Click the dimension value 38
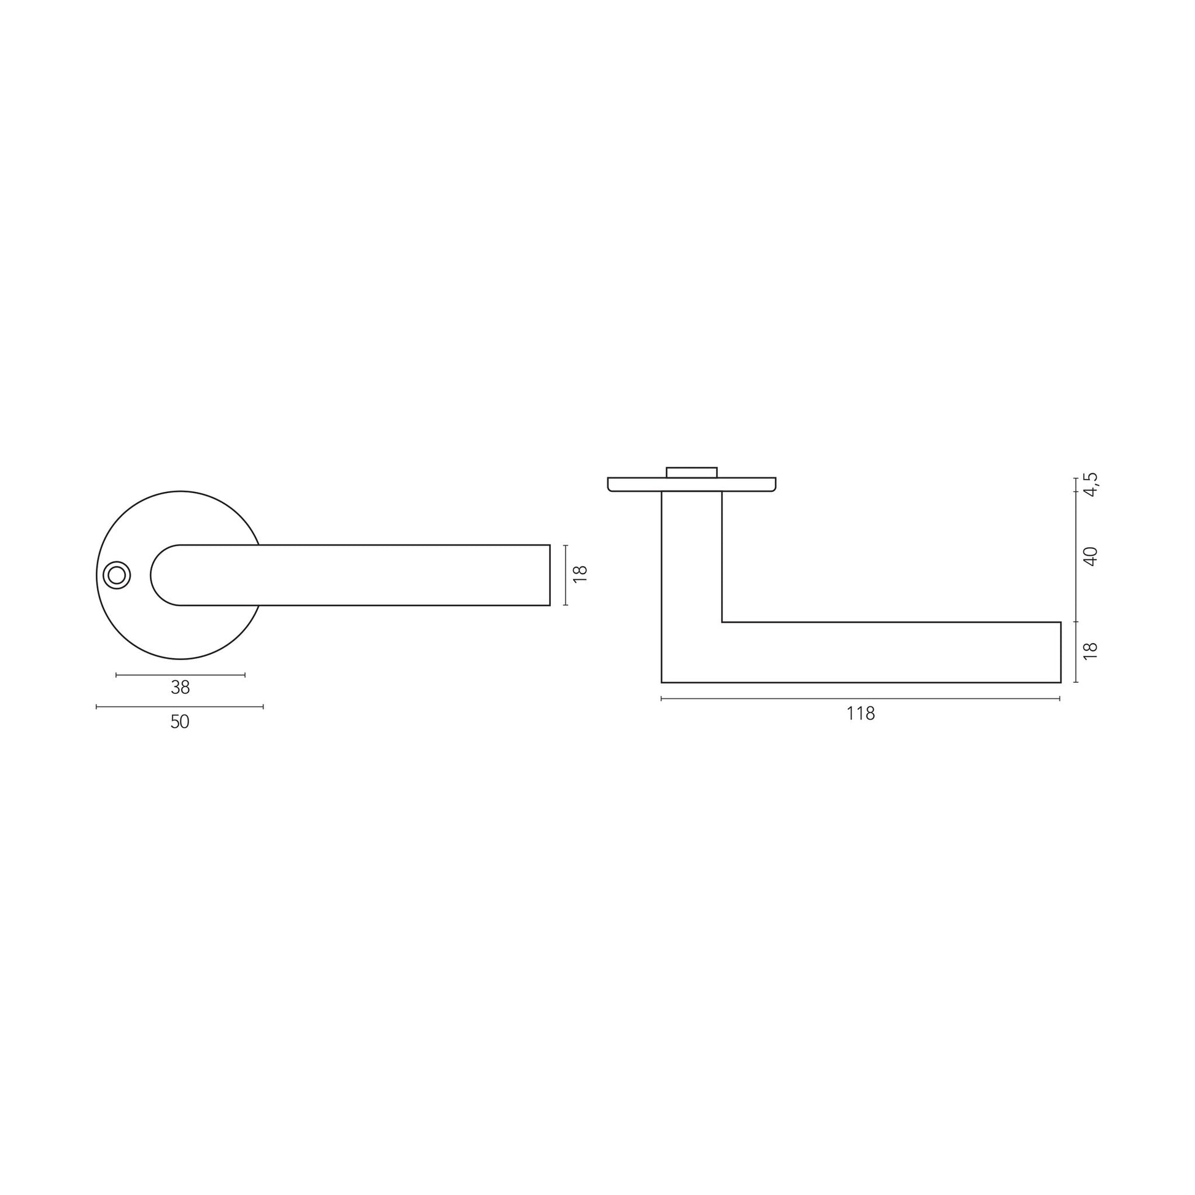[180, 687]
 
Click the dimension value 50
[179, 722]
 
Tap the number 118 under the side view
[860, 714]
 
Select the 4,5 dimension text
[1091, 485]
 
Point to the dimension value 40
[1091, 556]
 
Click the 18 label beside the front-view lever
[580, 574]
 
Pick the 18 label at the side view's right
[1091, 650]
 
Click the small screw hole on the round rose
[116, 575]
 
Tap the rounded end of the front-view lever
[152, 575]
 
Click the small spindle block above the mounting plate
[691, 472]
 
